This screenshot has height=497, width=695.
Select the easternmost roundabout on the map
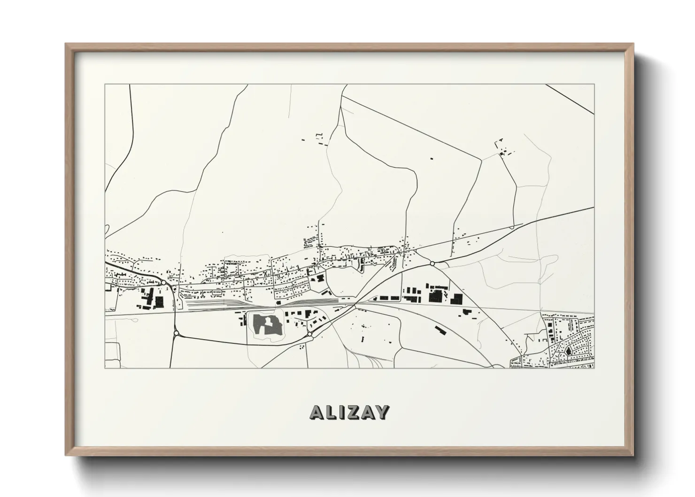coord(432,264)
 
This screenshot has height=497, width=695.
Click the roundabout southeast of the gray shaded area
coord(310,334)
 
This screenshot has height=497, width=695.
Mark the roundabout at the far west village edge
coord(162,283)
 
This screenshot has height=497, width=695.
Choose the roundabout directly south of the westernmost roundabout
coord(176,333)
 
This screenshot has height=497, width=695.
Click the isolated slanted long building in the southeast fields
coord(441,330)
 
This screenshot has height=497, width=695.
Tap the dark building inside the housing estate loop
coord(569,350)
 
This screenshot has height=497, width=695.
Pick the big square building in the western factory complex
coord(159,301)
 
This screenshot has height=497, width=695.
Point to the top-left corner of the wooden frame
coord(66,44)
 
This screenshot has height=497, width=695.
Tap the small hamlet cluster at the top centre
coord(319,139)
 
